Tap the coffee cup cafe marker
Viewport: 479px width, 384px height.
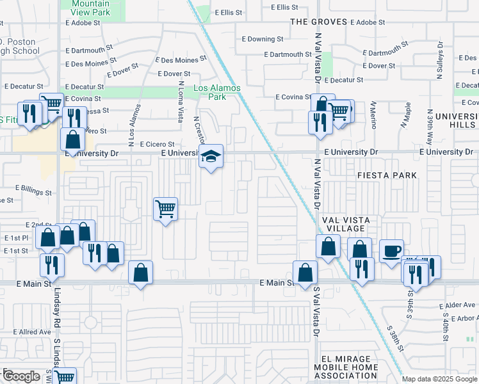click(391, 250)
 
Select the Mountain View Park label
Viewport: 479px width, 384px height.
click(86, 8)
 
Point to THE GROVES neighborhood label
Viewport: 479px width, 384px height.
click(319, 22)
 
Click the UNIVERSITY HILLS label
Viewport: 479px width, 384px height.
click(459, 120)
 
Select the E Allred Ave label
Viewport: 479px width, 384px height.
click(31, 332)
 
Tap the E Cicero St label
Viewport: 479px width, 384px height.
click(157, 145)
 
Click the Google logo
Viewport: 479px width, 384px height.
click(21, 376)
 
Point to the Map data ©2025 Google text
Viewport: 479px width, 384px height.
click(439, 379)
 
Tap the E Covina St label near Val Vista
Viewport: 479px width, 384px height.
click(293, 97)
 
